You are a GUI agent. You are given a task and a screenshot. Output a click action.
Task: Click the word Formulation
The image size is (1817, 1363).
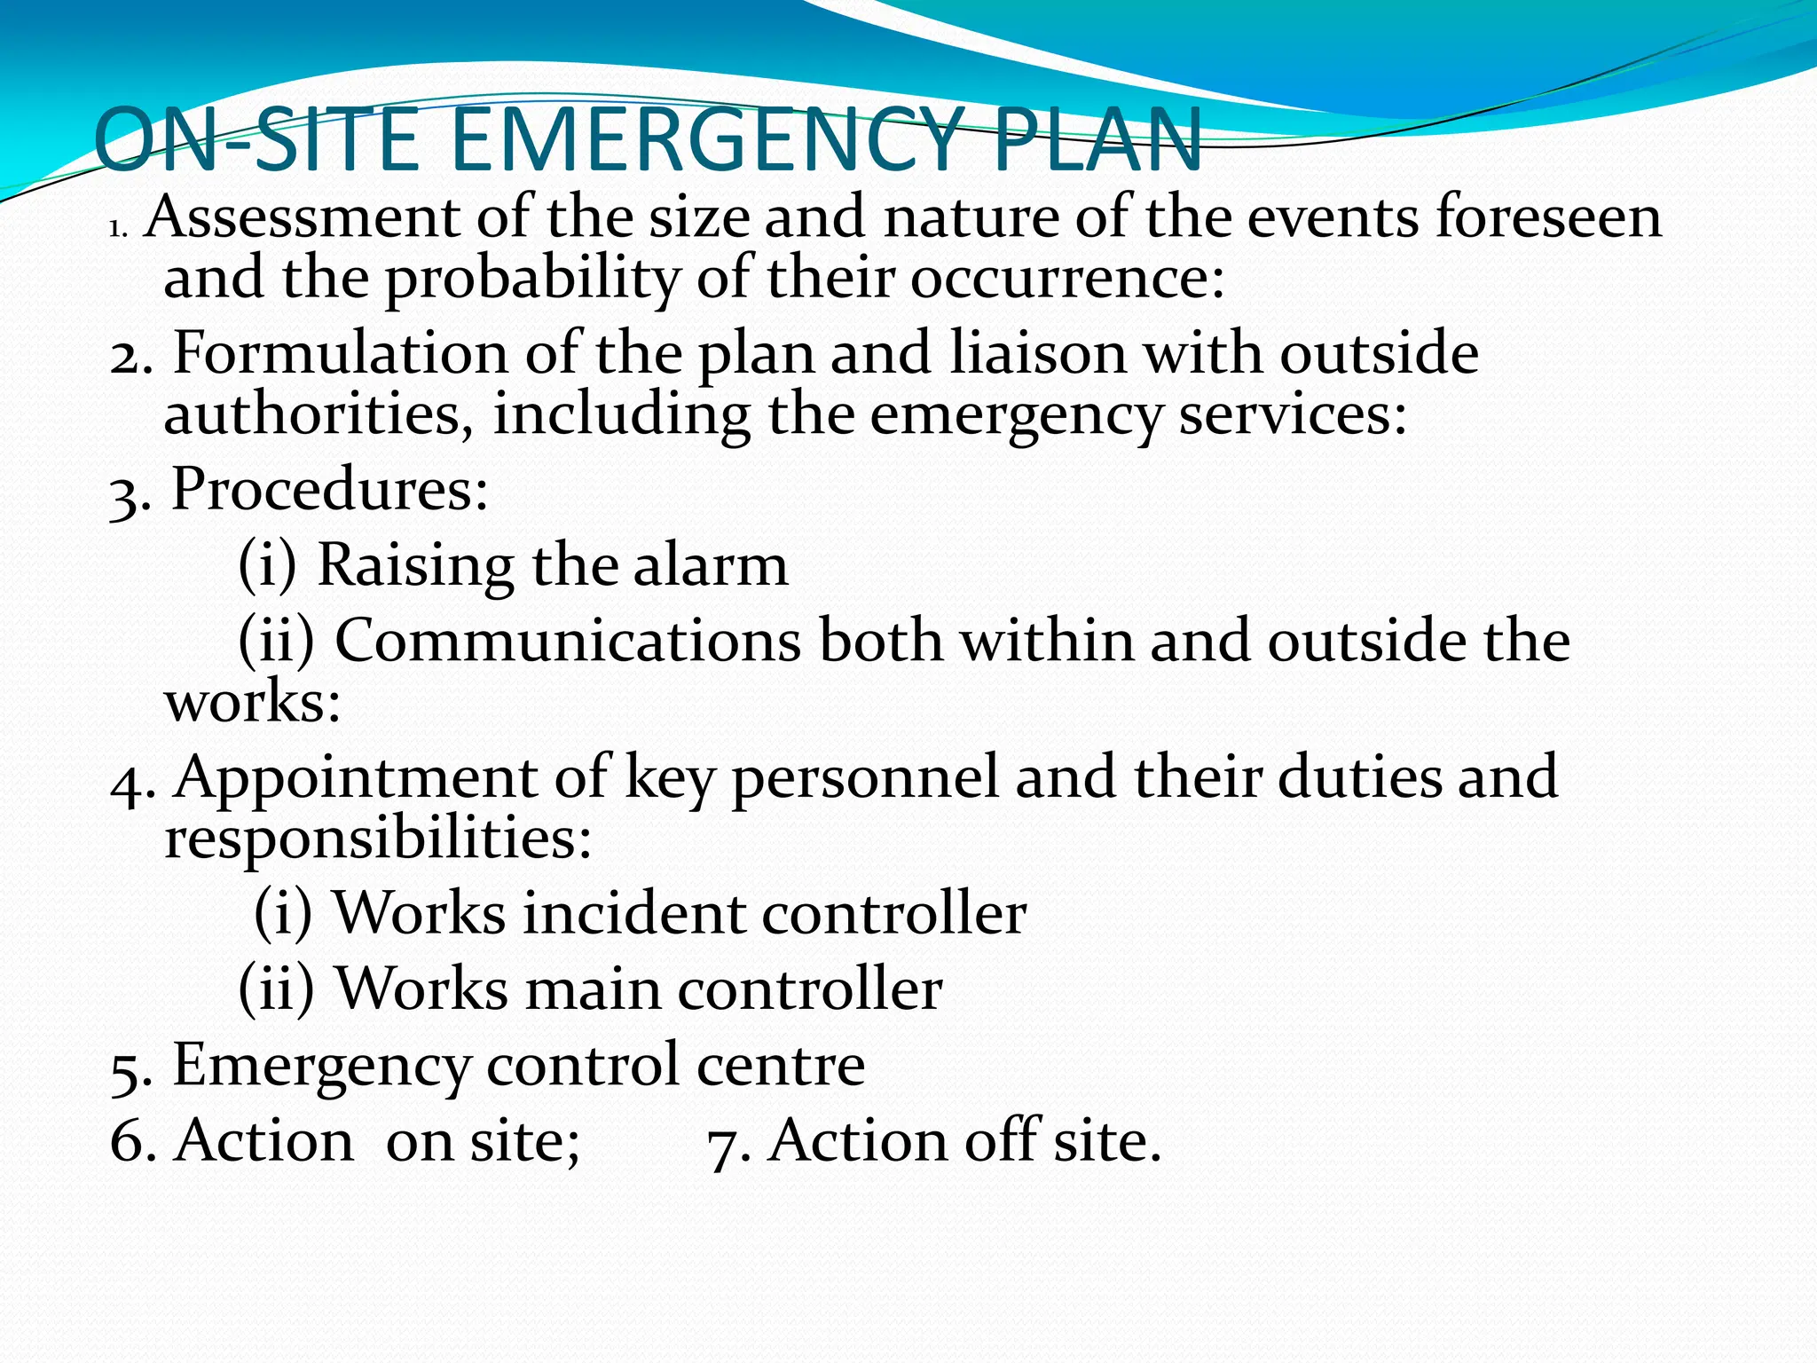coord(339,353)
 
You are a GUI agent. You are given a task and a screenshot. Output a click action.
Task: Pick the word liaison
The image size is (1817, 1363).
coord(1036,353)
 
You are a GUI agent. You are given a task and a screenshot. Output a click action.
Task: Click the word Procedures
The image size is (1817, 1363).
coord(328,489)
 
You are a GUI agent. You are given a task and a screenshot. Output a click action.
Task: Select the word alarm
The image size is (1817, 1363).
coord(710,565)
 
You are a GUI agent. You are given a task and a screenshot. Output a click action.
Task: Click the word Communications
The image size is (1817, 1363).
coord(568,641)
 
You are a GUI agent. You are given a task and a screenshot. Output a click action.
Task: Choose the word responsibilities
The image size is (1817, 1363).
coord(377,838)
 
